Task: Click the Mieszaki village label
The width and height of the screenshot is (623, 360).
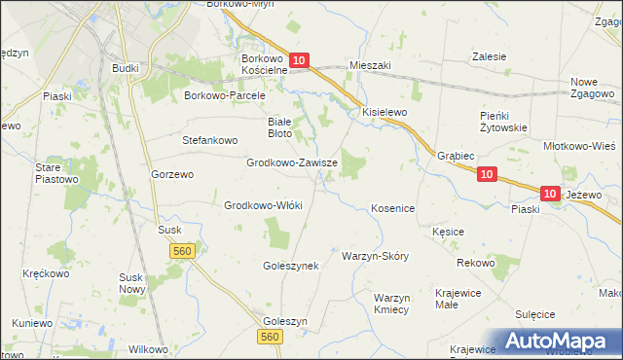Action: tap(369, 65)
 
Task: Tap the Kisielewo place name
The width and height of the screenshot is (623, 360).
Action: tap(385, 112)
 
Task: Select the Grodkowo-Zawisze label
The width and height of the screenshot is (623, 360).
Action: tap(292, 163)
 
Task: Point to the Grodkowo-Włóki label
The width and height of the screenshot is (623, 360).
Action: tap(264, 205)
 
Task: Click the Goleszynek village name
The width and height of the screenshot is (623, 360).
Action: tap(291, 265)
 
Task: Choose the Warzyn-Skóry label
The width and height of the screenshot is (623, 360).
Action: tap(375, 256)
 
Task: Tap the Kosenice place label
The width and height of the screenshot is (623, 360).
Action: tap(393, 208)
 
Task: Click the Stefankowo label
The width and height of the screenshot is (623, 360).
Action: tap(210, 140)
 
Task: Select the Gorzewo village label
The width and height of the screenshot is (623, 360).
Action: tap(172, 174)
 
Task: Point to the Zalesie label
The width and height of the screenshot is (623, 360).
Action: tap(489, 56)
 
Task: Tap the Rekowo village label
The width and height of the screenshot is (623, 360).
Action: tap(475, 264)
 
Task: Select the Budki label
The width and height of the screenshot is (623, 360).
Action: tap(125, 68)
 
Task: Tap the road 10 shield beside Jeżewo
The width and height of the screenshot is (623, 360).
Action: tap(551, 195)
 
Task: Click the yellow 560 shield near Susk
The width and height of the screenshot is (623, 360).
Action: tap(182, 251)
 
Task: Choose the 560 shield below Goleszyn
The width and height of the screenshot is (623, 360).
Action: tap(271, 337)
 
